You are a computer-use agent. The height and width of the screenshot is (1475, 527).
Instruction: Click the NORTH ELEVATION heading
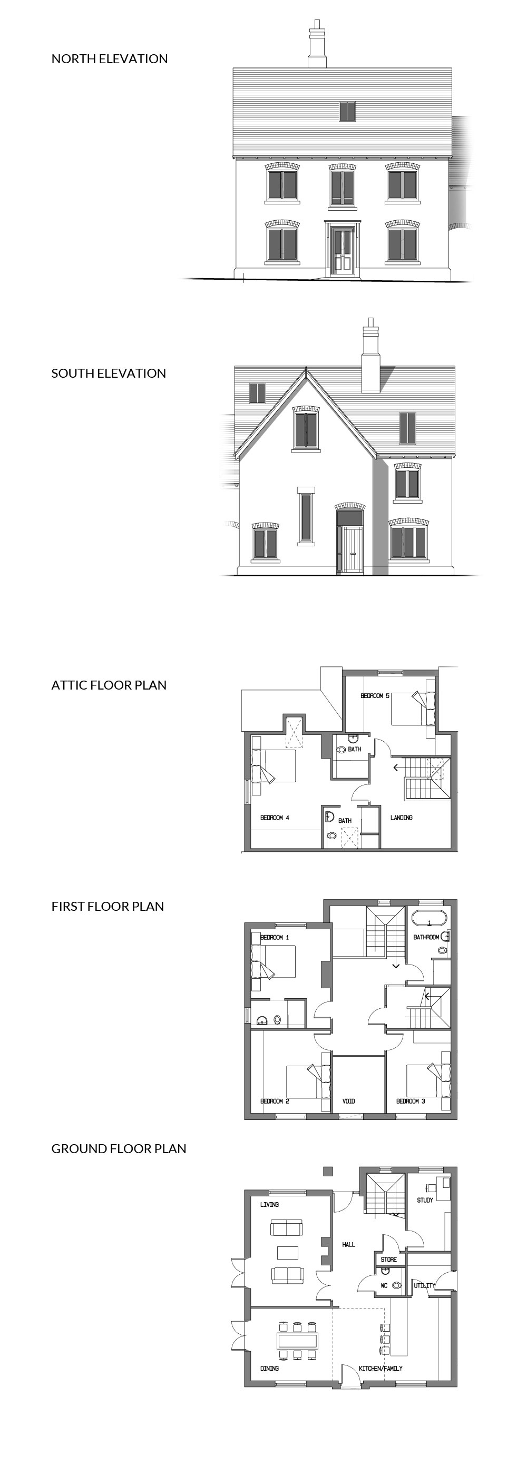[110, 59]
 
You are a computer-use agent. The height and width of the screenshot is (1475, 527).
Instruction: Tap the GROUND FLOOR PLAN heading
[119, 1148]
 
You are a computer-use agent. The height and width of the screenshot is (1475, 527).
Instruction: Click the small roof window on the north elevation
[347, 111]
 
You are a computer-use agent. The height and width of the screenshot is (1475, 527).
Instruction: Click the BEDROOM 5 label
[375, 696]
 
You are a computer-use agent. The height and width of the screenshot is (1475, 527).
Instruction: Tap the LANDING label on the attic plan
[402, 818]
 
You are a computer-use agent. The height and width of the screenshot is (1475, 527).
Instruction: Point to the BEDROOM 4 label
[275, 818]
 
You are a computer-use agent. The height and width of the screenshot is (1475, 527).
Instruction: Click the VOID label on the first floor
[349, 1101]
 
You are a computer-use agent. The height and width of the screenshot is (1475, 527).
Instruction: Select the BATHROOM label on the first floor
[426, 937]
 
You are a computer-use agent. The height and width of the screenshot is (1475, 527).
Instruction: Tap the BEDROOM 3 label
[411, 1101]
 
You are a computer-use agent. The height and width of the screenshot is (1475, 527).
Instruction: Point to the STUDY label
[425, 1200]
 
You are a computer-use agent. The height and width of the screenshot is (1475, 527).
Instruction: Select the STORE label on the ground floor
[388, 1260]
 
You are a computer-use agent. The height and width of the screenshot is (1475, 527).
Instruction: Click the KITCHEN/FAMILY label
[381, 1369]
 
